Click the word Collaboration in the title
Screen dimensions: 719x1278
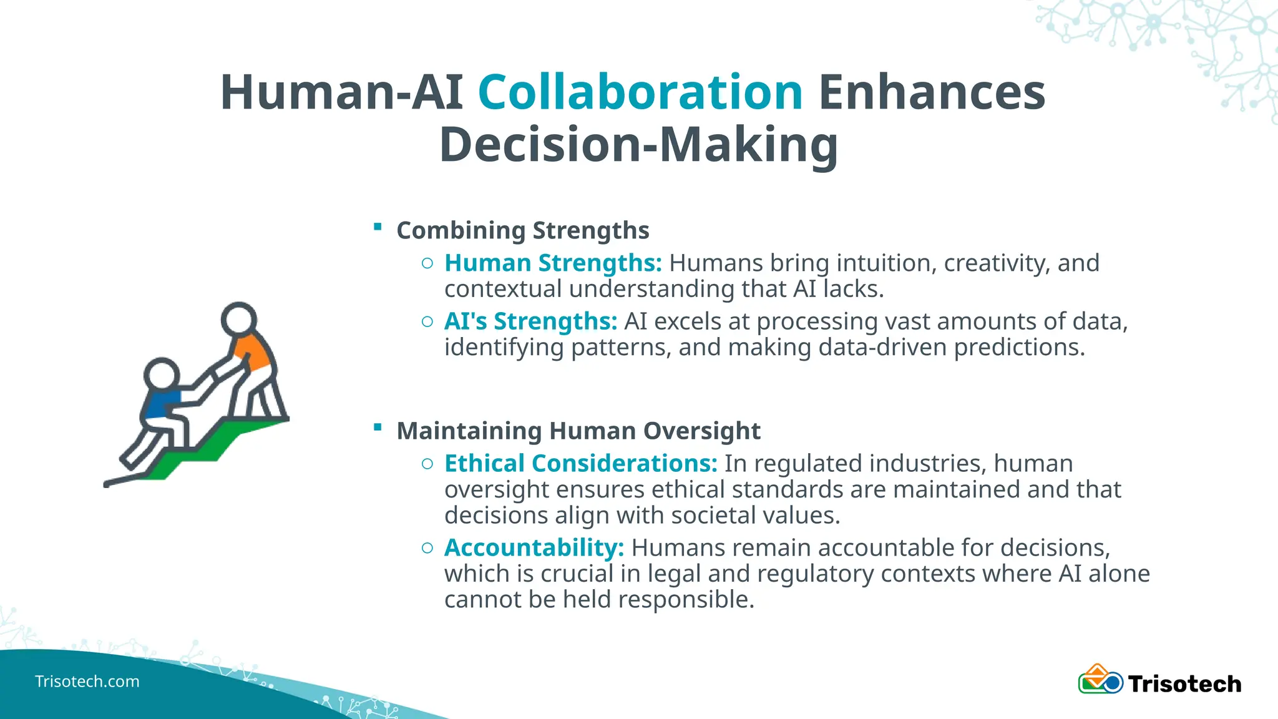640,92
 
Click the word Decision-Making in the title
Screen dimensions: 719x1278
638,145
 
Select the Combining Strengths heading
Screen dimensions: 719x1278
523,230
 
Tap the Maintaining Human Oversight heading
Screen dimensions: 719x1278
578,431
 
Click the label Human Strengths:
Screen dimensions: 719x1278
553,263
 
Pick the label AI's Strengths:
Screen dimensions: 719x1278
530,321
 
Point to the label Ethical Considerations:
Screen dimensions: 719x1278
581,464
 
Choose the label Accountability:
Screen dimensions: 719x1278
534,548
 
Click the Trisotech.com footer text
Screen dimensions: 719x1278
87,682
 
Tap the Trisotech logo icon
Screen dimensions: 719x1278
1100,680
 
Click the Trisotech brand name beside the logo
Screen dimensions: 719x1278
1184,684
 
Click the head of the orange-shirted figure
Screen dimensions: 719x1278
238,320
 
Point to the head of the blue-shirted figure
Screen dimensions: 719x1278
162,375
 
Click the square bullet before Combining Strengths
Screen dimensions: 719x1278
378,227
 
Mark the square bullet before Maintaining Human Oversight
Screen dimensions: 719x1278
378,427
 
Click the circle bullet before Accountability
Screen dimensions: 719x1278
427,549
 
